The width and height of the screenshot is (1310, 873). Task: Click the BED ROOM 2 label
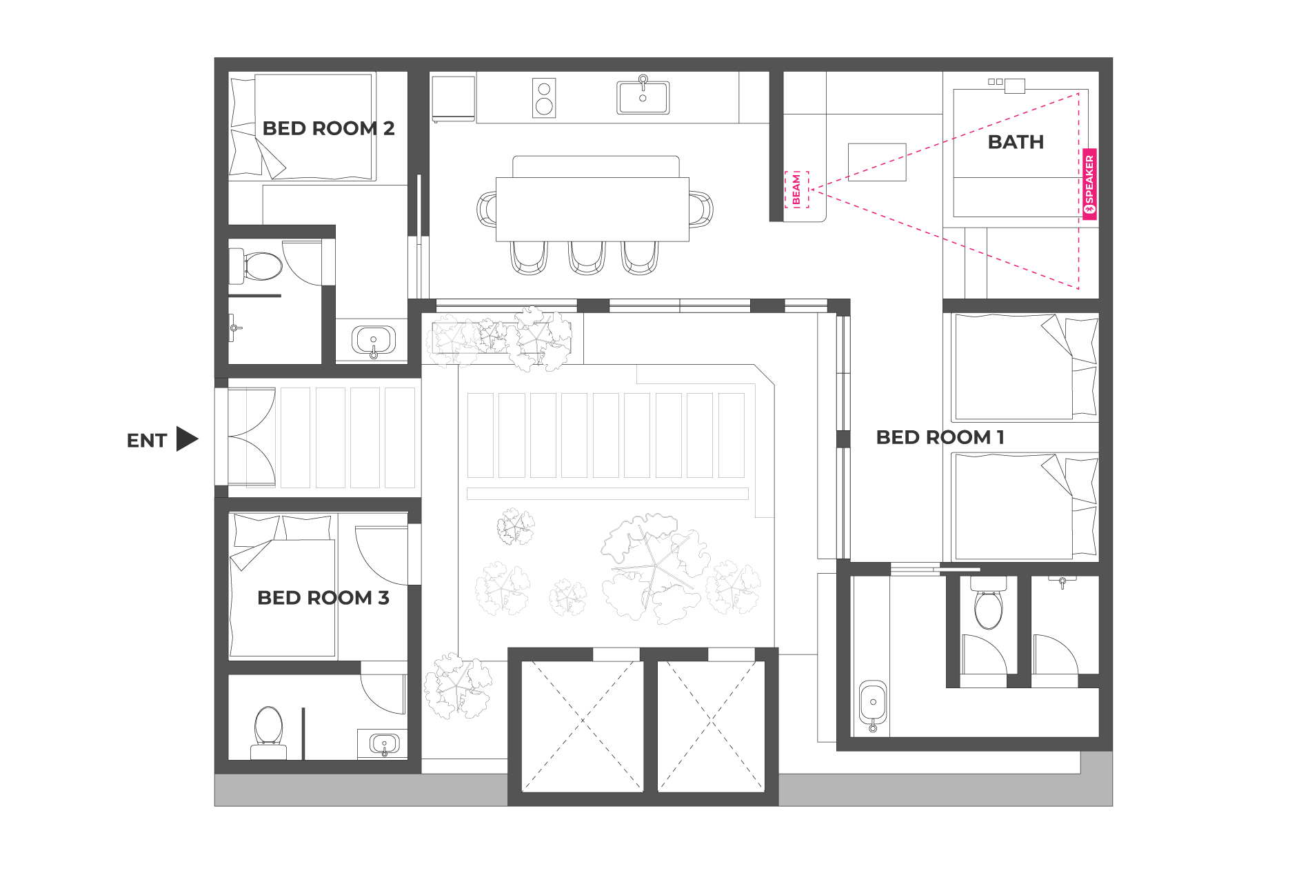coord(328,128)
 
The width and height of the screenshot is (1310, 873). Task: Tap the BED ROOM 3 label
coord(323,598)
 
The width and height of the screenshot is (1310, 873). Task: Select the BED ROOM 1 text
coord(940,437)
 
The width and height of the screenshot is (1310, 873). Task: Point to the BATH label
coord(1016,142)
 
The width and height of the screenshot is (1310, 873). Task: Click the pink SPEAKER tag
coord(1089,184)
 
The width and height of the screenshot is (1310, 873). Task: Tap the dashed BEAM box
coord(796,190)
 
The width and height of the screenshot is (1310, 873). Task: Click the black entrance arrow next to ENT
coord(187,439)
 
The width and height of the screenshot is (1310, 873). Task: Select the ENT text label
coord(147,441)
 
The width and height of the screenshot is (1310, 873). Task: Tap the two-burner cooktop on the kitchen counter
coord(544,98)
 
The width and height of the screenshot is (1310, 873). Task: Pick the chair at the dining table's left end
coord(487,210)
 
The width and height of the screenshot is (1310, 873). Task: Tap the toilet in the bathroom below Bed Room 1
coord(989,603)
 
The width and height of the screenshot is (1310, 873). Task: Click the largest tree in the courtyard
coord(654,568)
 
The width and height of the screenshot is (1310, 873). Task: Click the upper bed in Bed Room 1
coord(1024,368)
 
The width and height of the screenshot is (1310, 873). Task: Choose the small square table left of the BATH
coord(876,162)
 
